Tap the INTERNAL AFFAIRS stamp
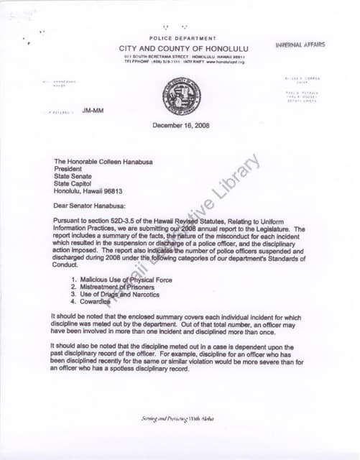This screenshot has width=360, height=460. tap(300, 45)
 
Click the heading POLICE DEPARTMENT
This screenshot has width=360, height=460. tap(183, 38)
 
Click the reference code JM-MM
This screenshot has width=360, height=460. tap(92, 111)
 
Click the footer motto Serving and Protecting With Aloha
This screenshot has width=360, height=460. tap(176, 419)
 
